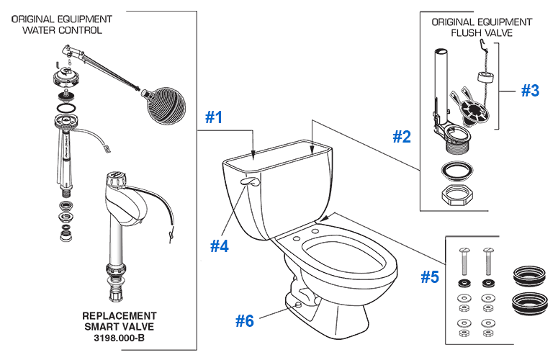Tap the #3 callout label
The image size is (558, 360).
[x=529, y=91]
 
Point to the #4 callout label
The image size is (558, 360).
[x=220, y=246]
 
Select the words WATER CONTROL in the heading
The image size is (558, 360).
[x=62, y=30]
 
